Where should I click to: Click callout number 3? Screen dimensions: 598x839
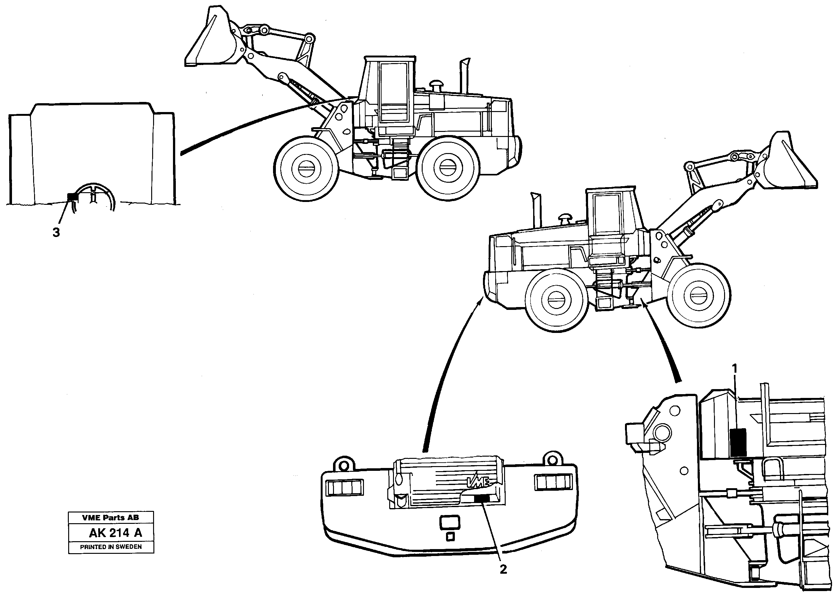pos(56,233)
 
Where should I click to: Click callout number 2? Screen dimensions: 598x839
pos(503,569)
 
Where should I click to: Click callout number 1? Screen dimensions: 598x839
pos(735,369)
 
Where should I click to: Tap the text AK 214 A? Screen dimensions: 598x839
pos(115,533)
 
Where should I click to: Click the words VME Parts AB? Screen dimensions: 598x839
pos(110,518)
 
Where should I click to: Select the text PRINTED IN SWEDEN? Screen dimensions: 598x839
pos(111,547)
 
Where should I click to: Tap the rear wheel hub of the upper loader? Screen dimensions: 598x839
pos(448,168)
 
